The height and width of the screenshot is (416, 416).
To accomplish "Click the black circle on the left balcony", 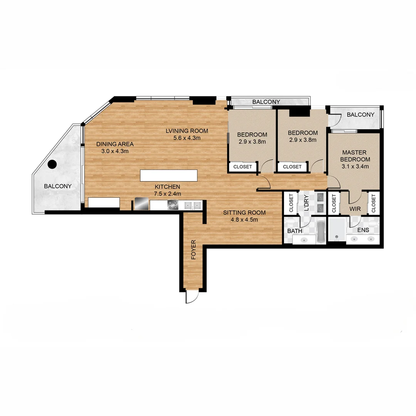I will coord(52,164).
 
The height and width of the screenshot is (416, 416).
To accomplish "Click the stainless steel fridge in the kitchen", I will coord(141,204).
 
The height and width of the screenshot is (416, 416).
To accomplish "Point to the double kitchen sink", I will coord(193,206).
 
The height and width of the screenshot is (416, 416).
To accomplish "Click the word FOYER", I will coord(193,249).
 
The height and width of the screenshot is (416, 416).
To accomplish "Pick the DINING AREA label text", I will coord(115,144).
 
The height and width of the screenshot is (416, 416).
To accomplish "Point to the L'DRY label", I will coord(307,203).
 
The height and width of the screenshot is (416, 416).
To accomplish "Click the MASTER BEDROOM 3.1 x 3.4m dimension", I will coord(355,166).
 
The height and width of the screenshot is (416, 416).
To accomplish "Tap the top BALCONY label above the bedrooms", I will coord(266,102).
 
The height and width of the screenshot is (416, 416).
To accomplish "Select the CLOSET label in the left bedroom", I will coord(243,167).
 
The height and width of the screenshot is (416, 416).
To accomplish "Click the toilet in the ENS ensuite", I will coord(372,223).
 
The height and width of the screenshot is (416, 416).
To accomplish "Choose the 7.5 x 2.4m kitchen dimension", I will coord(167,194).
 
